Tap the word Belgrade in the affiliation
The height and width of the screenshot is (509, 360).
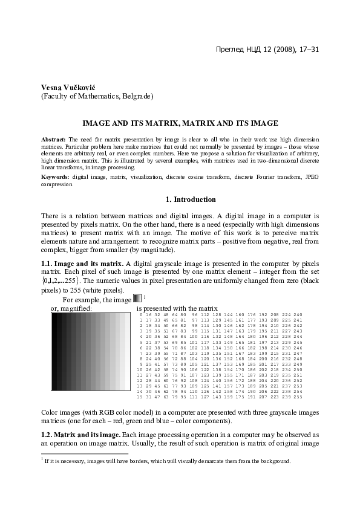(x=137, y=96)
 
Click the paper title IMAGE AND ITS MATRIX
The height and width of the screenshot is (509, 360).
(x=180, y=123)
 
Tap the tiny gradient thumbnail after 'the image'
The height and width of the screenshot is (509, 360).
(x=137, y=298)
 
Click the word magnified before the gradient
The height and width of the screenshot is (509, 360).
(x=76, y=308)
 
